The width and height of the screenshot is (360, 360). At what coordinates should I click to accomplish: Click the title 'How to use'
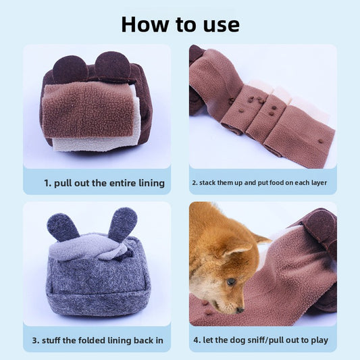point(180,24)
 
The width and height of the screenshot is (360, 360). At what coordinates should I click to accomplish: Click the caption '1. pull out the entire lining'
point(104,182)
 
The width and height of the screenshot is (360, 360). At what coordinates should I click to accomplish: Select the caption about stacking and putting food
point(263,182)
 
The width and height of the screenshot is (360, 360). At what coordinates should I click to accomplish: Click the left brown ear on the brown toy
point(70,69)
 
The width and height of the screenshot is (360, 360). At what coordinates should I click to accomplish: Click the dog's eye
point(232,282)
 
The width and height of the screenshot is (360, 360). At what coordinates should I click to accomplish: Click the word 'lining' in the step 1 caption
point(149,182)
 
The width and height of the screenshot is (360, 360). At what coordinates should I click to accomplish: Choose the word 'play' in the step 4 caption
point(317,340)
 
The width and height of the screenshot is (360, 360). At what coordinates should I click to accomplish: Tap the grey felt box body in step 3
point(98,287)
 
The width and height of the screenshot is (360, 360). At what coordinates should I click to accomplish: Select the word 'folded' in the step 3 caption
point(96,340)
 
